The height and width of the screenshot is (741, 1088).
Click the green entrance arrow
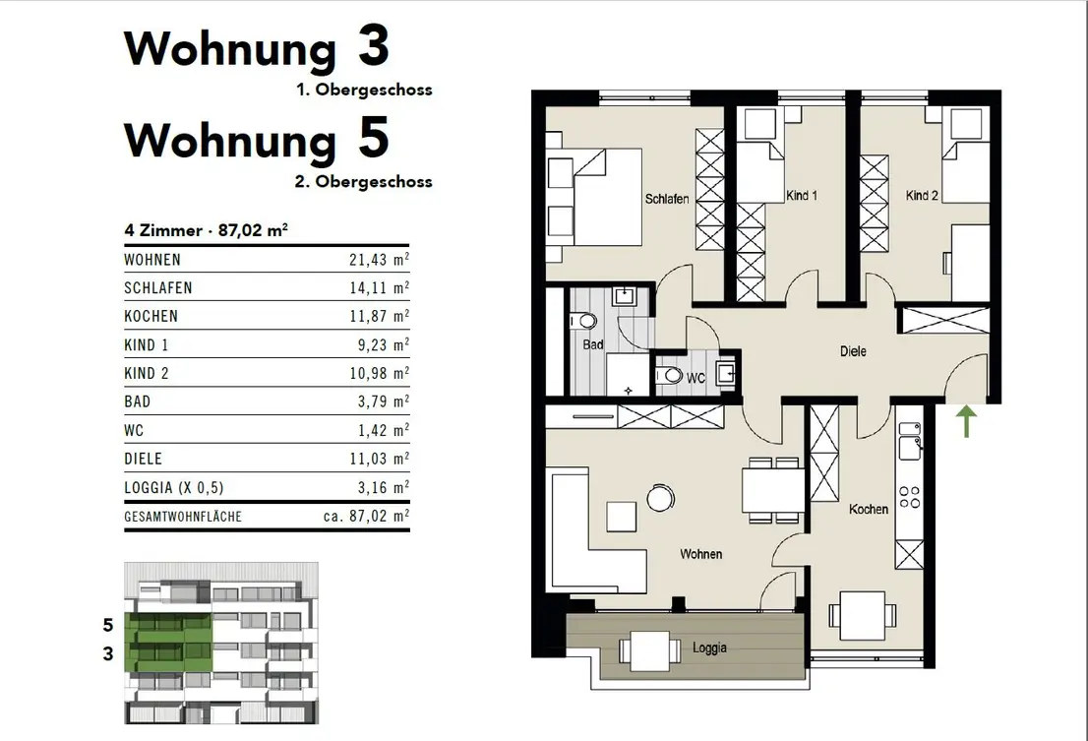coord(967,422)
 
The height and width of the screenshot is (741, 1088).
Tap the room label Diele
coord(853,351)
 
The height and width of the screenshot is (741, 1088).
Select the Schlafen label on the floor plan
coord(667,199)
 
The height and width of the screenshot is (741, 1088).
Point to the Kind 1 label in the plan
coord(802,196)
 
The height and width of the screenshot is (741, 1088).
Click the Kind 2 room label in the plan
coord(922,196)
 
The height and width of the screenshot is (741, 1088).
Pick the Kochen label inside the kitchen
coord(868,510)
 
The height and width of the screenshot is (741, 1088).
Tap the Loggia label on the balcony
coord(709,648)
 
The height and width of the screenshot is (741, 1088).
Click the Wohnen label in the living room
coord(700,554)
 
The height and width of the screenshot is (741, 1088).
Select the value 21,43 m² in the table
coord(379,259)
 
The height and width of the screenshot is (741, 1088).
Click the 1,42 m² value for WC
coord(383,429)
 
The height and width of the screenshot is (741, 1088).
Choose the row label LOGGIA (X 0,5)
coord(174,487)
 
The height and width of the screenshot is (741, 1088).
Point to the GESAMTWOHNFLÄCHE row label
coord(183,517)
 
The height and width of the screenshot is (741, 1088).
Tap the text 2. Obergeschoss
coord(364,182)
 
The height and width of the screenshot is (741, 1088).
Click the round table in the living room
coord(660,498)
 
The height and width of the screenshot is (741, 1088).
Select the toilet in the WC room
coord(669,375)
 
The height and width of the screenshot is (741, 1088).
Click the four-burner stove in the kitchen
coord(910,498)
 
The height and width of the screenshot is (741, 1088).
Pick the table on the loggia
coord(650,650)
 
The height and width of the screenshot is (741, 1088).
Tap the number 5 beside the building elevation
coord(107,625)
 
